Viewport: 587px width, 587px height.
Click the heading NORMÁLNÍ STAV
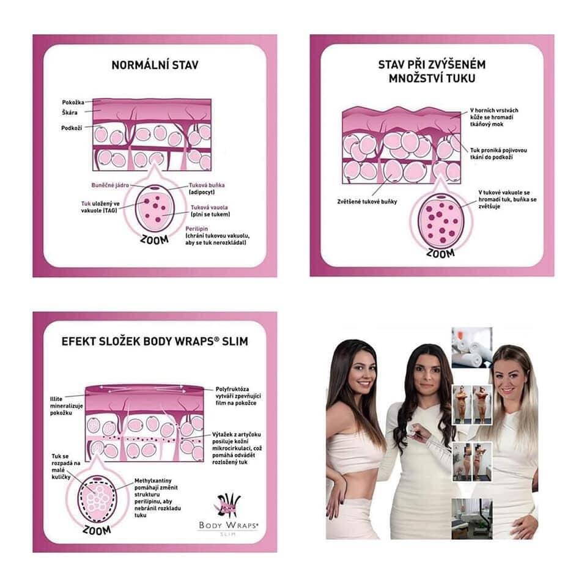click(x=155, y=65)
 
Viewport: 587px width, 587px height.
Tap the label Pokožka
click(x=73, y=102)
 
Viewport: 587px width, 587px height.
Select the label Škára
click(x=70, y=113)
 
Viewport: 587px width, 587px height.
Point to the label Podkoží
click(x=72, y=128)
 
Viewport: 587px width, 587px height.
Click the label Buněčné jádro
click(x=110, y=185)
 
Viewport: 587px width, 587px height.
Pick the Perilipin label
click(x=196, y=228)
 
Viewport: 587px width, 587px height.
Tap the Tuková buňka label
click(x=207, y=185)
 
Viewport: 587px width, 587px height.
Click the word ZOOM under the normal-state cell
click(x=154, y=239)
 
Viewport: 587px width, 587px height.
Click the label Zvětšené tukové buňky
click(x=367, y=201)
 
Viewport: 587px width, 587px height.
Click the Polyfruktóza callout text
click(x=238, y=396)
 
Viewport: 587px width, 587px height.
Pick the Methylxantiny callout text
click(x=158, y=498)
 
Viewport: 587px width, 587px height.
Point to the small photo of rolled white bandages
click(x=471, y=348)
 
